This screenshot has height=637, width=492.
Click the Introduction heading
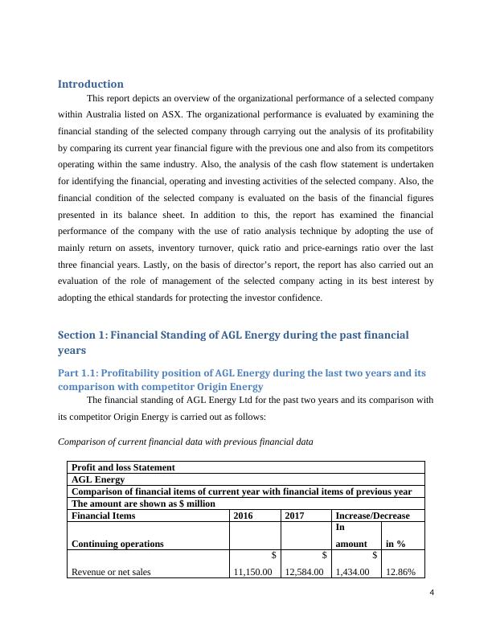[x=91, y=84]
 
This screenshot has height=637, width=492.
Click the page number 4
[x=432, y=593]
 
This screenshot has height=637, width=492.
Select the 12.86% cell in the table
[x=400, y=572]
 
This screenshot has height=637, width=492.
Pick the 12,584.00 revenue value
[x=305, y=572]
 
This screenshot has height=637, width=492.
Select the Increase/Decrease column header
[x=372, y=516]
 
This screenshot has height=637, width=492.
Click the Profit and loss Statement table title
[x=123, y=467]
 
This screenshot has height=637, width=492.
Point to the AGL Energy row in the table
[x=99, y=479]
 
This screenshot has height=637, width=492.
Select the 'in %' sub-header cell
[x=396, y=544]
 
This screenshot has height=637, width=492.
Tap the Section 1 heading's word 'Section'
[x=80, y=335]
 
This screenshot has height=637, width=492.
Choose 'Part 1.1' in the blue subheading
[x=78, y=373]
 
